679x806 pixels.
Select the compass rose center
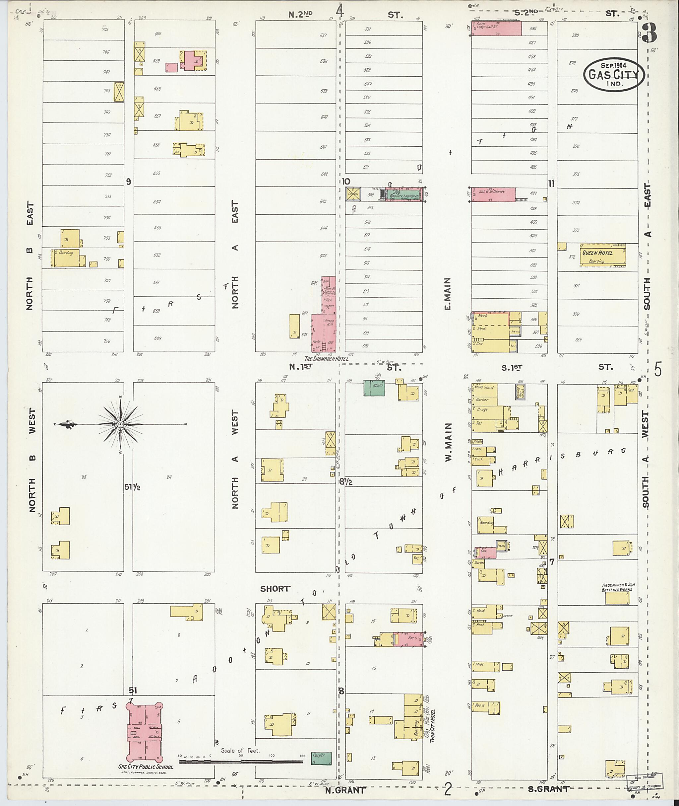tap(120, 424)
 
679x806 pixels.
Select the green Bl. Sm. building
tap(374, 388)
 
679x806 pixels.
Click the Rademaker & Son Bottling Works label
tap(618, 587)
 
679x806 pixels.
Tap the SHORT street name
tap(275, 588)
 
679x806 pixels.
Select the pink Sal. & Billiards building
tap(493, 194)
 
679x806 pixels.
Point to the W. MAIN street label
tap(449, 442)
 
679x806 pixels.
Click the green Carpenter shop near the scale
tap(321, 758)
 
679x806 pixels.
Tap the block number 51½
tap(132, 487)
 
